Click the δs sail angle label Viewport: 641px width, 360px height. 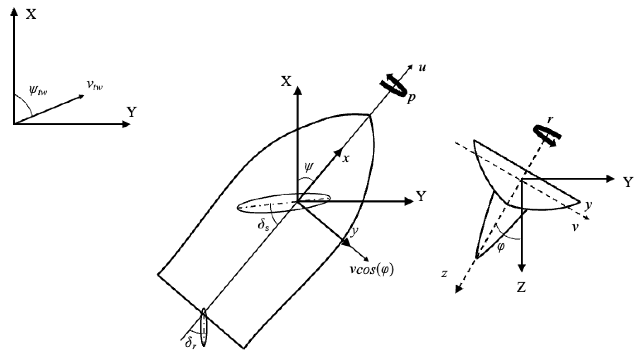(x=263, y=224)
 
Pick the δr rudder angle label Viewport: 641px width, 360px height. (x=191, y=343)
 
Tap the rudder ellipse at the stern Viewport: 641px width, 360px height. (x=204, y=327)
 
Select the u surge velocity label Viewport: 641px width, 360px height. (x=422, y=67)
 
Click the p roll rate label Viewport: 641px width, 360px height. (x=411, y=99)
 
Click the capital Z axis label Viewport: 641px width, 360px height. (x=521, y=288)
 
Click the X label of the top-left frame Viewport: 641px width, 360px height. (x=31, y=14)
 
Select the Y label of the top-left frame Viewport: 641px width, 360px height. (x=131, y=112)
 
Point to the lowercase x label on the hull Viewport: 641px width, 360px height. (x=345, y=159)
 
